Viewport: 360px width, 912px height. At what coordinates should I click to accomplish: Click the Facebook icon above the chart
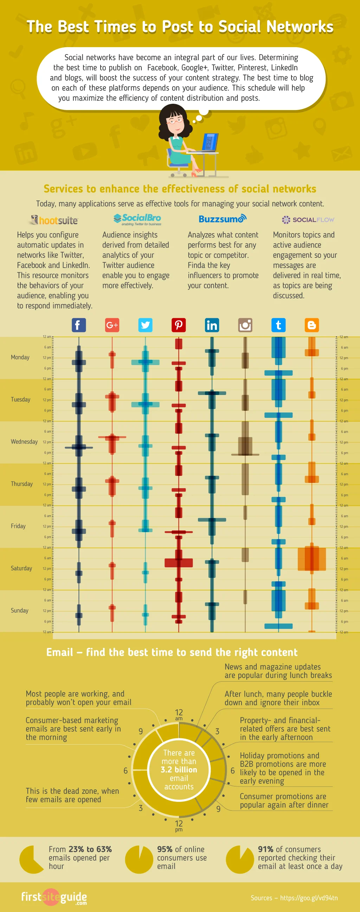click(x=79, y=325)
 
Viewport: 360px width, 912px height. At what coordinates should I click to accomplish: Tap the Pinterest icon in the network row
click(x=178, y=325)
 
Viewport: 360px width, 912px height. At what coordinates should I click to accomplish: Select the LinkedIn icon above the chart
click(x=212, y=325)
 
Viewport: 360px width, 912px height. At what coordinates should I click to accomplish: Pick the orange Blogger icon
click(x=311, y=325)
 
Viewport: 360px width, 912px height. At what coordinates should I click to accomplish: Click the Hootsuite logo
click(x=54, y=220)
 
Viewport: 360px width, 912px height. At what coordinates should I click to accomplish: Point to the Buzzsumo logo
click(x=222, y=219)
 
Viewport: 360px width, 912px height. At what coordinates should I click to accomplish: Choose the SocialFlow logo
click(x=308, y=219)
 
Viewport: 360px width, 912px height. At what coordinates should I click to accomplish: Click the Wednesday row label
click(x=24, y=441)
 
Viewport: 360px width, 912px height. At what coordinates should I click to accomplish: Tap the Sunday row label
click(x=19, y=610)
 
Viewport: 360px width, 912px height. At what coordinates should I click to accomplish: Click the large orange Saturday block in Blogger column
click(x=311, y=559)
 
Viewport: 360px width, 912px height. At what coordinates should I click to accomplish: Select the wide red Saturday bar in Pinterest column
click(x=178, y=562)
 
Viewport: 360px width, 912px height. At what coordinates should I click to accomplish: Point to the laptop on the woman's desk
click(x=209, y=143)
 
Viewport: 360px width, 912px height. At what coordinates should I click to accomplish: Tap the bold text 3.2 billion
click(x=179, y=770)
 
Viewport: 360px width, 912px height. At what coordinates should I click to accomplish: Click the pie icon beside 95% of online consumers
click(x=139, y=859)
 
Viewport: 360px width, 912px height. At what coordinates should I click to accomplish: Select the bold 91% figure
click(x=265, y=849)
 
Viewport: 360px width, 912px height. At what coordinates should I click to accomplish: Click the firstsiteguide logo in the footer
click(x=54, y=898)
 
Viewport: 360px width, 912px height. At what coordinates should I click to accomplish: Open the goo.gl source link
click(x=309, y=898)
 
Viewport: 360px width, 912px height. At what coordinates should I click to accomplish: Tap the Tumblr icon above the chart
click(x=278, y=325)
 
